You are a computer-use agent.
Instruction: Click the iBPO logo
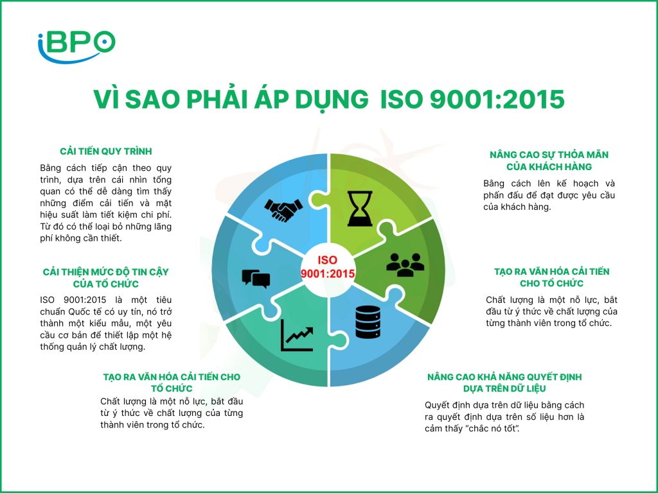point(76,46)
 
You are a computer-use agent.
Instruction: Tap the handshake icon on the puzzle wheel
point(283,210)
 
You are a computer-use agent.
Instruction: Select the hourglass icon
point(360,209)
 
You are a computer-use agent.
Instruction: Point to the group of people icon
point(405,264)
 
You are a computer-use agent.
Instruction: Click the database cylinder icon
point(368,322)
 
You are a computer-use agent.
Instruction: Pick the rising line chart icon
point(297,335)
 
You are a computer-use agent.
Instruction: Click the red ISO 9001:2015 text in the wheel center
point(328,267)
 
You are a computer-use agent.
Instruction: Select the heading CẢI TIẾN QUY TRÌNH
point(106,151)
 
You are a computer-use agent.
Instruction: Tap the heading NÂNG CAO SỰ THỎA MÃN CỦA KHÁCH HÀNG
point(549,161)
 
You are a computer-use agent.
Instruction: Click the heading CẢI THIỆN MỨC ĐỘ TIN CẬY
point(106,272)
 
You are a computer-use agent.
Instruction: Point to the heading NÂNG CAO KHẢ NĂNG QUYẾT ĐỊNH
point(504,377)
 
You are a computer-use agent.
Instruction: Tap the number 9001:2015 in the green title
point(497,99)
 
